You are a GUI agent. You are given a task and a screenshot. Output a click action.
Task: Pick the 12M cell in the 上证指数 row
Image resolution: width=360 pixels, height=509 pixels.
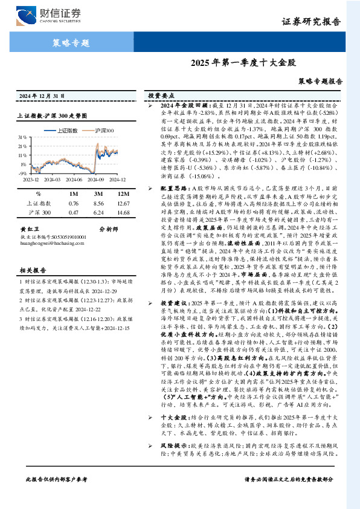pos(124,204)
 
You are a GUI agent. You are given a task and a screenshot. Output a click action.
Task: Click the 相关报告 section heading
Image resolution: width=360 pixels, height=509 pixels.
pos(30,270)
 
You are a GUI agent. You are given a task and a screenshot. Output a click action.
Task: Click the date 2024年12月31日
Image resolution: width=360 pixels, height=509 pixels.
pos(42,96)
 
